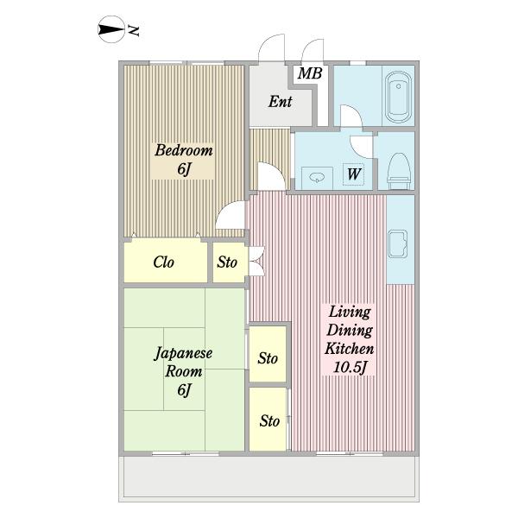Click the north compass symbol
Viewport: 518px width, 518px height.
coord(111,29)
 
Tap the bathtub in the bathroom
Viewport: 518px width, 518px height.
coord(399,97)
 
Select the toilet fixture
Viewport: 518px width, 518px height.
coord(398,171)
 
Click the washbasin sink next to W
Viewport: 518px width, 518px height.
coord(318,178)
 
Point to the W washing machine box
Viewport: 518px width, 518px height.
coord(353,174)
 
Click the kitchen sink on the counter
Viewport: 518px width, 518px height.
coord(397,243)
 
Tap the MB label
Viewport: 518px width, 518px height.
coord(310,73)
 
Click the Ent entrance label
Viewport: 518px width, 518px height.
coord(280,101)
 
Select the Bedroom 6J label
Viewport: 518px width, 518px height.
coord(184,159)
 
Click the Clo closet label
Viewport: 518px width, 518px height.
coord(163,262)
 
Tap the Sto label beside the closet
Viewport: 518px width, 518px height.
coord(227,262)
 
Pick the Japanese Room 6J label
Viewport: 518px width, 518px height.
coord(184,371)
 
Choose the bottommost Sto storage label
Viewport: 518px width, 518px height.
coord(269,421)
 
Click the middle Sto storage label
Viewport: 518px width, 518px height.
coord(268,358)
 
